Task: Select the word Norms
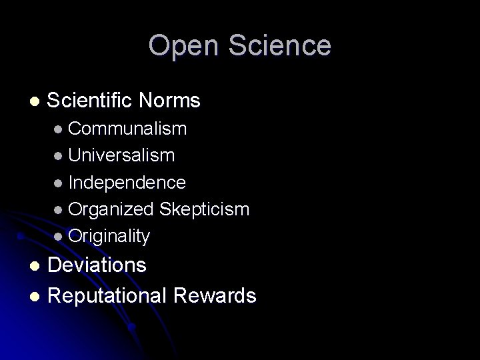pyautogui.click(x=170, y=101)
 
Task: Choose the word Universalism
pyautogui.click(x=121, y=155)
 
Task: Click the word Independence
pyautogui.click(x=127, y=182)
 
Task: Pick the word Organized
pyautogui.click(x=111, y=209)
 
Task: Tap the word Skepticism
pyautogui.click(x=204, y=209)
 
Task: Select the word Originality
pyautogui.click(x=109, y=236)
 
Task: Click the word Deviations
pyautogui.click(x=97, y=265)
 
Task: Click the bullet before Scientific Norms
pyautogui.click(x=35, y=102)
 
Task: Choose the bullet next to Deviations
pyautogui.click(x=35, y=266)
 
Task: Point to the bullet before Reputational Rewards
pyautogui.click(x=35, y=295)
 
